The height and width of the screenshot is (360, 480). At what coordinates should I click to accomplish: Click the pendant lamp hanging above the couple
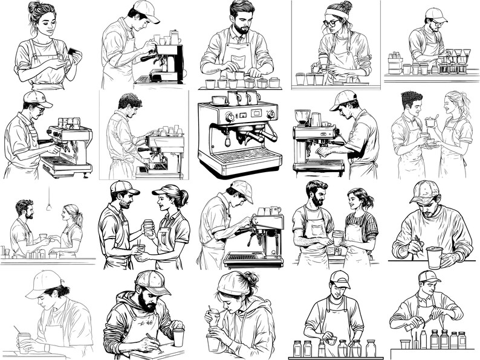click(x=48, y=207)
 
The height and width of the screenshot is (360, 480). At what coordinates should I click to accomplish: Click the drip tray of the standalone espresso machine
click(x=241, y=156)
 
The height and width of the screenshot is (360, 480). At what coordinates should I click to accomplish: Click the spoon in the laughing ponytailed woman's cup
click(x=427, y=120)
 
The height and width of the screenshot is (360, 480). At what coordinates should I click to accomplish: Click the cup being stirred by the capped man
click(x=433, y=257)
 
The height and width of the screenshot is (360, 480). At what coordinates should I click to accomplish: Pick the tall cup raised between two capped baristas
click(x=148, y=227)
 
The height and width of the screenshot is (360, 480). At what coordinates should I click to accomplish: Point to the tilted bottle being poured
click(x=413, y=324)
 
